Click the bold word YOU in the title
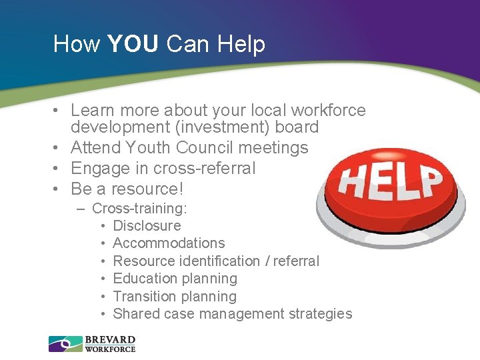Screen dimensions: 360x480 [x=133, y=44]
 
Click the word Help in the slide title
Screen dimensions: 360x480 [x=241, y=44]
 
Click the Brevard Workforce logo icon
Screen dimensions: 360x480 [x=65, y=343]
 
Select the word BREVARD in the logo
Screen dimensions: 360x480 [x=110, y=339]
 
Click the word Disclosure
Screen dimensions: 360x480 [x=147, y=225]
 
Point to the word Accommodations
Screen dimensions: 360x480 [x=169, y=243]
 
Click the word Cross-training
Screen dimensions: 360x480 [x=139, y=208]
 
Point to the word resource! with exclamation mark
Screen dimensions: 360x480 [x=153, y=188]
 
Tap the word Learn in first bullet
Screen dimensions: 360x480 [x=91, y=110]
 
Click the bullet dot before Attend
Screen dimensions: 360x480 [x=59, y=148]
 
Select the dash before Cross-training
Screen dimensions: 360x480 [x=81, y=208]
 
